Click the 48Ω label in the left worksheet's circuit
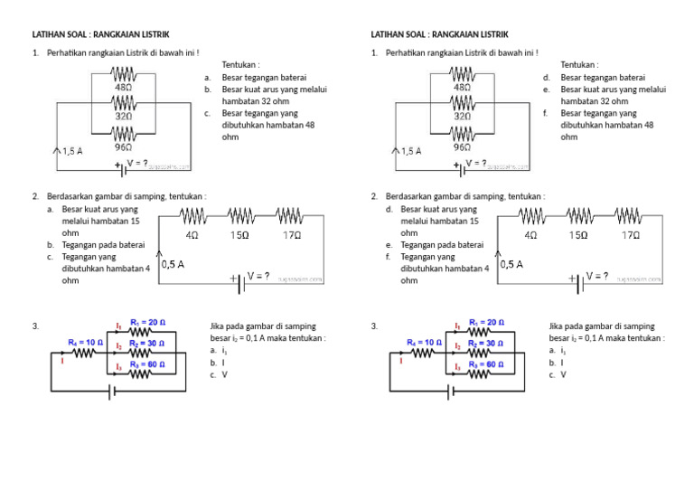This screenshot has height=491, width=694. click(x=123, y=88)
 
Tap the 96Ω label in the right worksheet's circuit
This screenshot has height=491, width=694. click(x=462, y=146)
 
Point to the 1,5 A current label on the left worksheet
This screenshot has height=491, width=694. click(x=71, y=152)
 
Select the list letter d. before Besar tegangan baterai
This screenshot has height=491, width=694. click(x=547, y=78)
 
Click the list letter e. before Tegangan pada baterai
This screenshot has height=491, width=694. click(x=389, y=245)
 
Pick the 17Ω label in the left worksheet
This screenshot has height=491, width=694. click(x=291, y=235)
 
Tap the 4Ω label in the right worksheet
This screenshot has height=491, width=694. click(x=530, y=235)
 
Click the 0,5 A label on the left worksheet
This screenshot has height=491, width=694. click(x=173, y=265)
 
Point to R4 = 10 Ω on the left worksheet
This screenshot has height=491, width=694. click(x=86, y=343)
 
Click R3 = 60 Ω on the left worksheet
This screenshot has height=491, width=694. click(x=147, y=364)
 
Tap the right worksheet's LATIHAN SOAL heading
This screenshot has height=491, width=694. click(x=441, y=34)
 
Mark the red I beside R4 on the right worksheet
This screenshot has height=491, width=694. click(x=401, y=360)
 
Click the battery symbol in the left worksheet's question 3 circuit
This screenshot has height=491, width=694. click(x=112, y=392)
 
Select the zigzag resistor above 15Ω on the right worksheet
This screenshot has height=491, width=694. click(x=579, y=216)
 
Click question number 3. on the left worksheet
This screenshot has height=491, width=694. click(x=35, y=326)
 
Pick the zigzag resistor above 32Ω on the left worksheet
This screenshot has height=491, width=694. click(x=123, y=103)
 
